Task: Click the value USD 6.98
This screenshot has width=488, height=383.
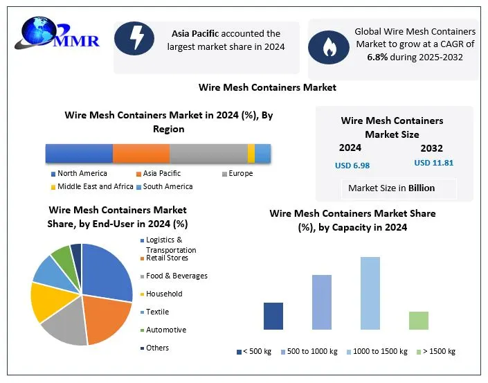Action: (352, 166)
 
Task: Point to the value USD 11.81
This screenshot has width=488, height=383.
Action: (434, 163)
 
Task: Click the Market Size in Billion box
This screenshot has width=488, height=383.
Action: (392, 188)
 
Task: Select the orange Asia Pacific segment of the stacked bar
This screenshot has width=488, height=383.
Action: (141, 153)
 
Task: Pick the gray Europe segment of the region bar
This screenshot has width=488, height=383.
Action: (208, 153)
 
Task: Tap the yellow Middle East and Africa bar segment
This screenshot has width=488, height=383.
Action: (251, 153)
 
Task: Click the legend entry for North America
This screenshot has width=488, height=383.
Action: (82, 173)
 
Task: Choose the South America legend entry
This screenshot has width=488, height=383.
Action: (168, 186)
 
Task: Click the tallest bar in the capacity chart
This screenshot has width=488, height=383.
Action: (370, 293)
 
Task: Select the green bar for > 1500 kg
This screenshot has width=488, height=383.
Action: (419, 320)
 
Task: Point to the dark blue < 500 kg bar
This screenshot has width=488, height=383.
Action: (273, 316)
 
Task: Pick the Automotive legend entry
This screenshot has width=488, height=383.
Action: (166, 330)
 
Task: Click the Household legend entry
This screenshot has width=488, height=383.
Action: (164, 294)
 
